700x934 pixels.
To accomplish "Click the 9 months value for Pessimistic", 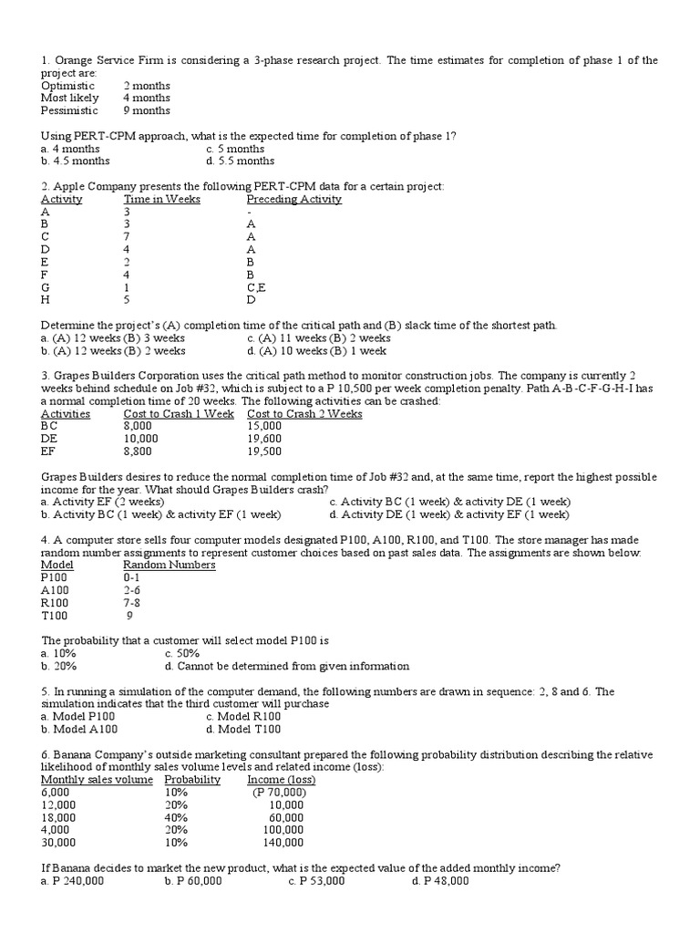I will coord(146,110).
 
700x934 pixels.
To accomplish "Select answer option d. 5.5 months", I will coord(241,161).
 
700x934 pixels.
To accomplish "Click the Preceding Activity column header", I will coord(293,199).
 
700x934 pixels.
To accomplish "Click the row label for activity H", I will coord(46,300).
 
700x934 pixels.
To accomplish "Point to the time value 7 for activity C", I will coord(128,236).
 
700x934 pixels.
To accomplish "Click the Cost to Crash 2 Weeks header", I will coord(304,413).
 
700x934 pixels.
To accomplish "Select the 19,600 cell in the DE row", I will coord(264,439).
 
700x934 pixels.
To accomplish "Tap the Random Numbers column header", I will coord(170,565).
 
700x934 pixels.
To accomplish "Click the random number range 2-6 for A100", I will coord(133,590).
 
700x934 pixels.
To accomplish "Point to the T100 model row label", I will coord(55,616).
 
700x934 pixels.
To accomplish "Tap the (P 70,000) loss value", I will coord(279,793).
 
